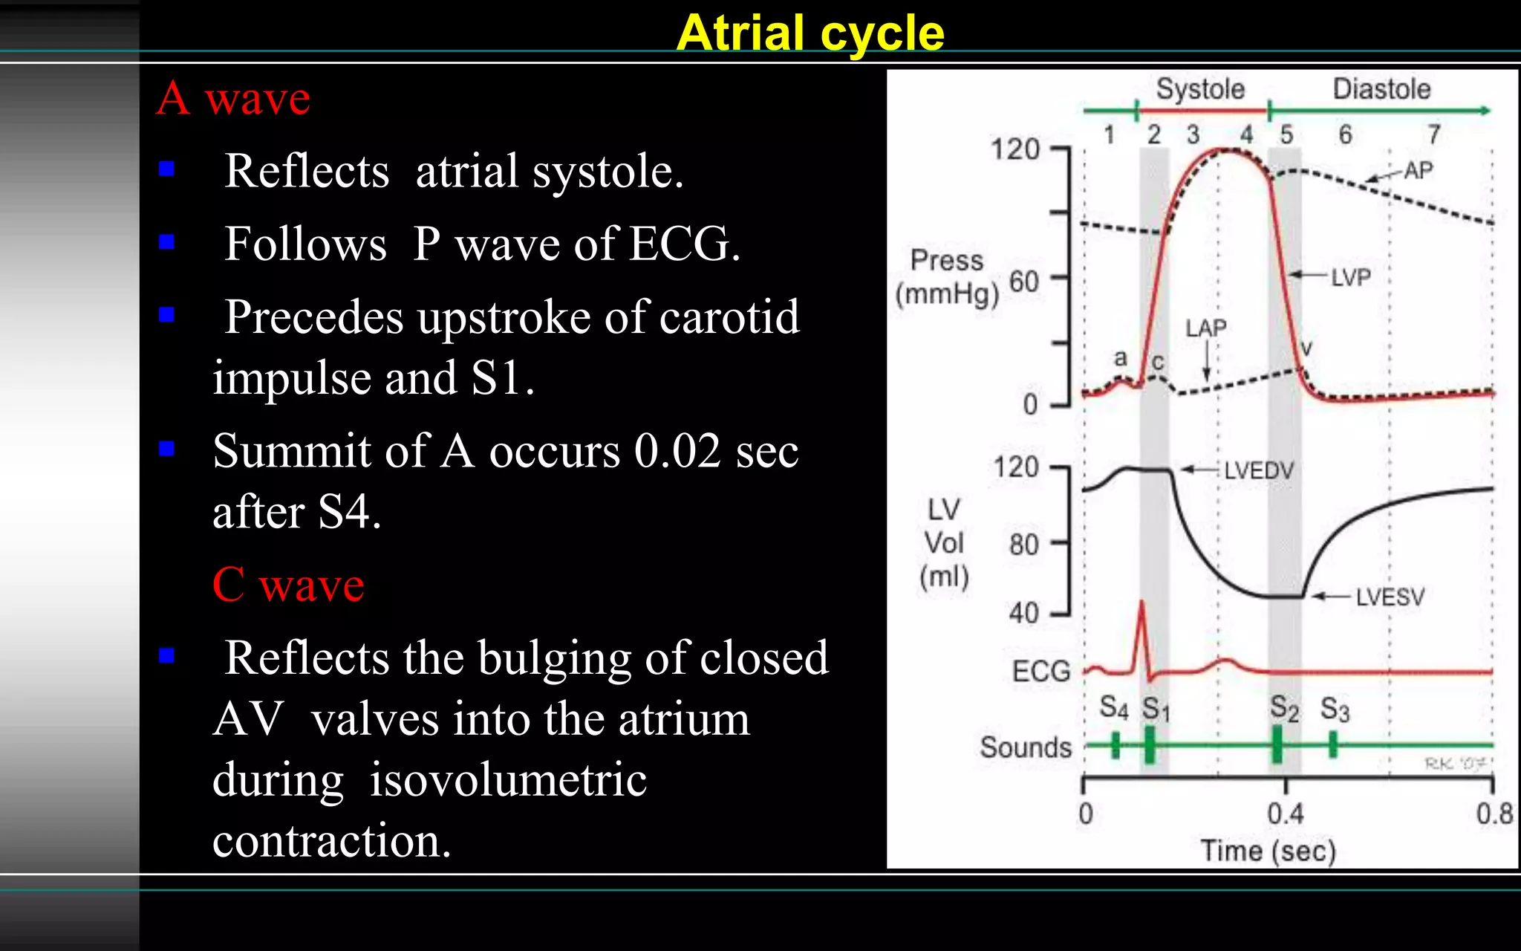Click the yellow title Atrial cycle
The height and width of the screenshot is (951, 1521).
(x=810, y=33)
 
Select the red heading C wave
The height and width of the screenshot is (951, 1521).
(x=288, y=585)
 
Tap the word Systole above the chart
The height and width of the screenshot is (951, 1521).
(x=1200, y=89)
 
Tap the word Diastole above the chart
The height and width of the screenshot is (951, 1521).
(x=1381, y=89)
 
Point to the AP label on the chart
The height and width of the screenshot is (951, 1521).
(x=1418, y=170)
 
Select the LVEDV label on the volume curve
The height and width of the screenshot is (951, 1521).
(x=1259, y=470)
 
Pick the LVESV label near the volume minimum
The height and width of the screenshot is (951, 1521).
(x=1390, y=597)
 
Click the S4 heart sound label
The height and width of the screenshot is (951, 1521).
(x=1113, y=707)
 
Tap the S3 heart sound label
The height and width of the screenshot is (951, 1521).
(x=1335, y=710)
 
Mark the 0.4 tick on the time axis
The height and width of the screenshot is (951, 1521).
(x=1286, y=814)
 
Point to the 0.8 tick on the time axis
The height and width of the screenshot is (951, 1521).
(x=1494, y=814)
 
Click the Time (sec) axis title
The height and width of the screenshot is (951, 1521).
(x=1268, y=851)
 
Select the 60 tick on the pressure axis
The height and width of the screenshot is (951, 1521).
(x=1024, y=282)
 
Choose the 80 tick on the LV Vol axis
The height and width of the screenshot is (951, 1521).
(x=1023, y=545)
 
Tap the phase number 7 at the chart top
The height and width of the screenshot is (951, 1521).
(x=1434, y=134)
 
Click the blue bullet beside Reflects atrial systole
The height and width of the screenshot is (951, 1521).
(x=166, y=169)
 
